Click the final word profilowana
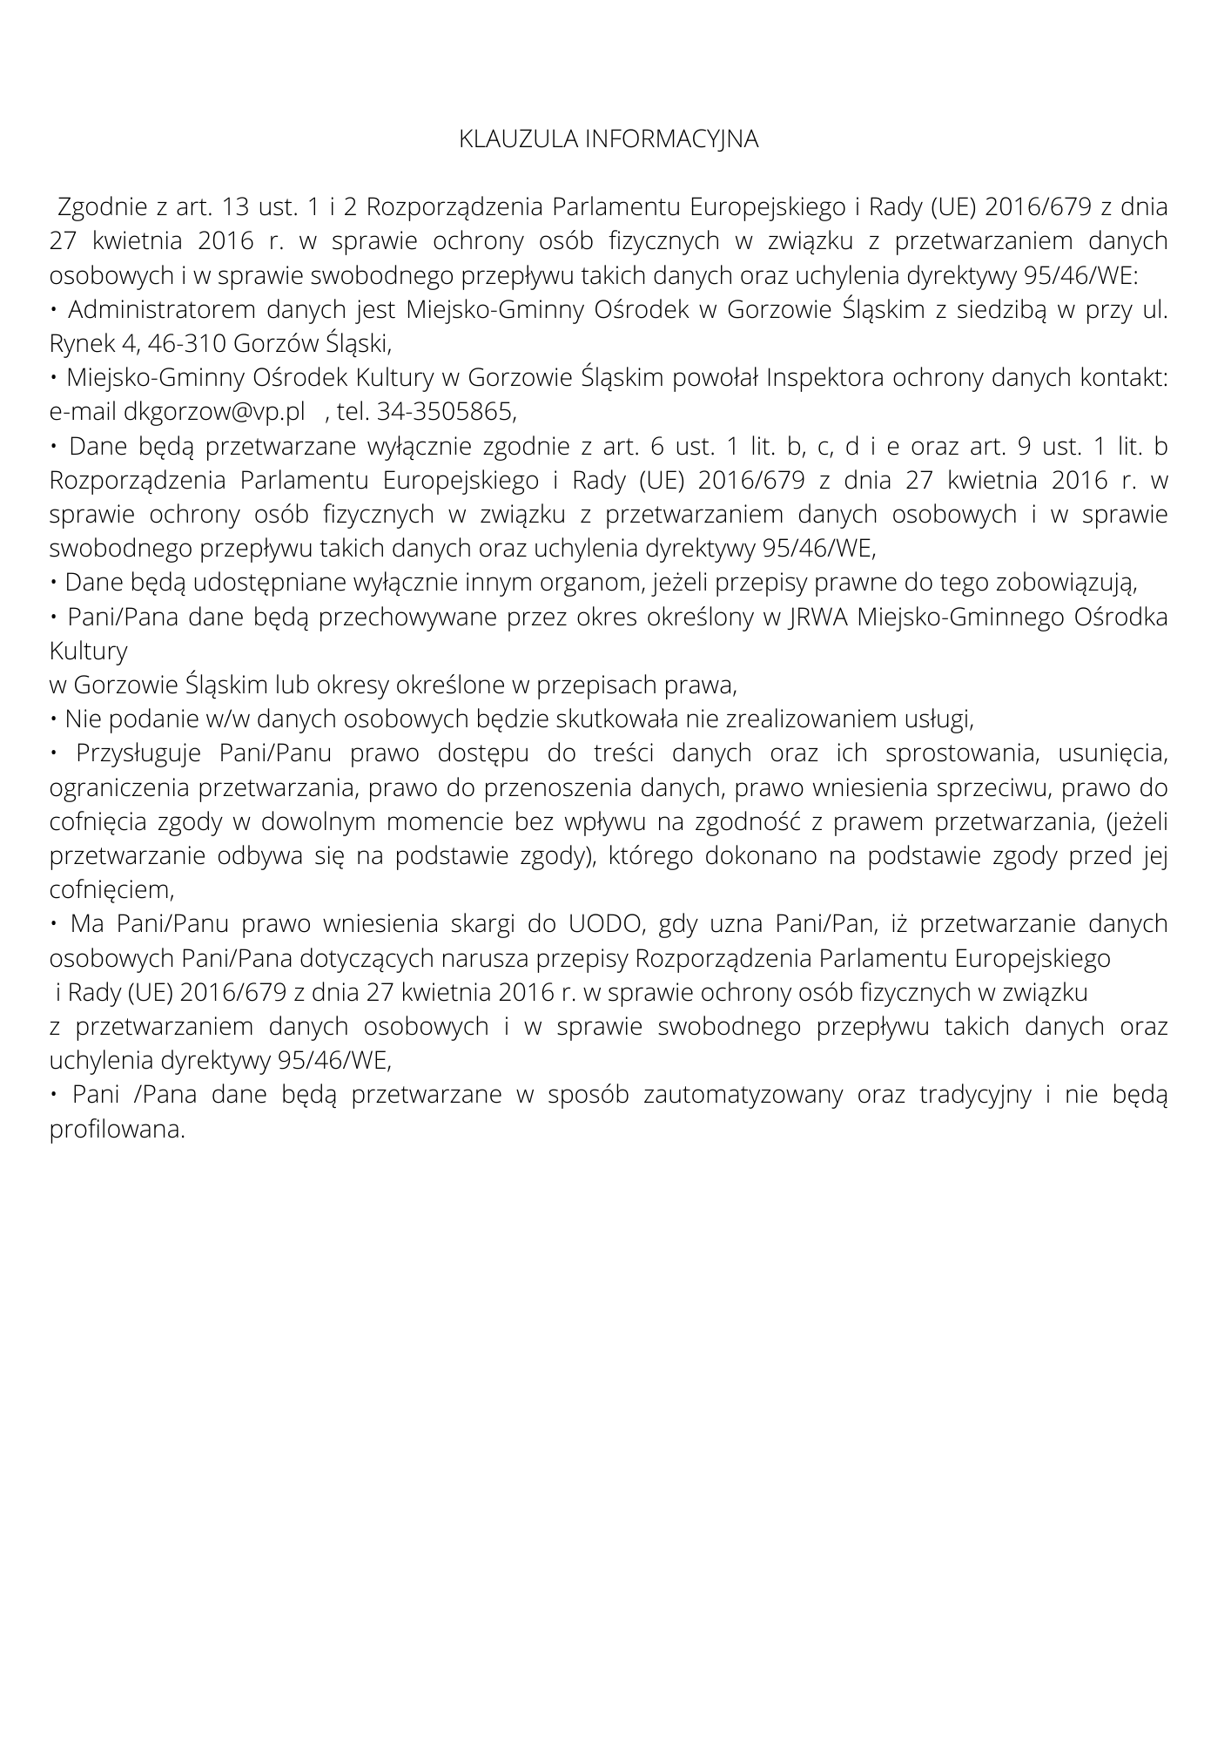[118, 1130]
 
